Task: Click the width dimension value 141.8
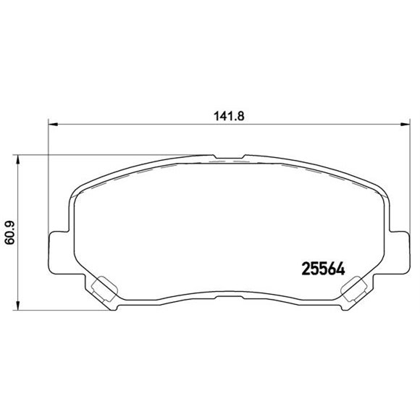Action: pyautogui.click(x=227, y=113)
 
